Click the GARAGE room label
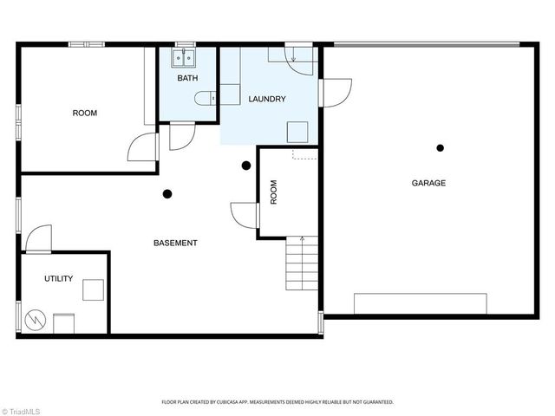[x=428, y=183]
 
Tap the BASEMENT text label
[x=175, y=243]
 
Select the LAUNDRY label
[x=266, y=100]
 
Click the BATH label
[x=188, y=79]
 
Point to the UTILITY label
[x=59, y=279]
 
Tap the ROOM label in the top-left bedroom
[x=84, y=114]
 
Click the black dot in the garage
[x=441, y=148]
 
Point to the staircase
[x=301, y=266]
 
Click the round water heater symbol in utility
[x=36, y=320]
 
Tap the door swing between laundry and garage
[x=336, y=91]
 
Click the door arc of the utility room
[x=39, y=239]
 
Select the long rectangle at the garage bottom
[x=420, y=303]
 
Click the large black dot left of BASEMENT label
[x=167, y=195]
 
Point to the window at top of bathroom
[x=185, y=44]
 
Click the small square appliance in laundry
[x=298, y=132]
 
